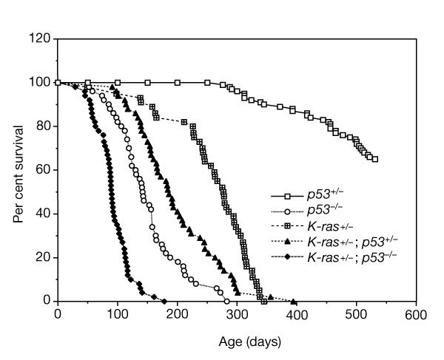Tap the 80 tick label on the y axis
click(x=43, y=126)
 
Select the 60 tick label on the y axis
click(x=43, y=170)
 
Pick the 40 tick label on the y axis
click(x=43, y=214)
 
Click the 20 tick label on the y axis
click(x=43, y=257)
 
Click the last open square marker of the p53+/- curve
click(x=375, y=159)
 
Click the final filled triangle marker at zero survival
click(x=294, y=302)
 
